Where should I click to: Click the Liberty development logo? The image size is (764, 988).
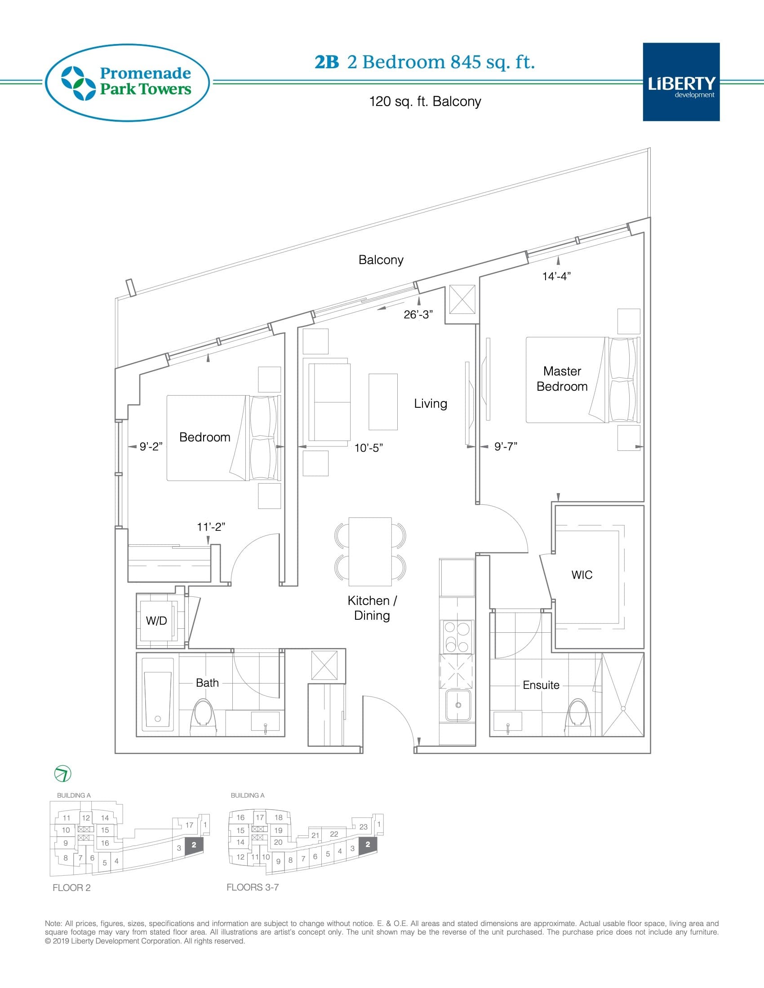tap(681, 82)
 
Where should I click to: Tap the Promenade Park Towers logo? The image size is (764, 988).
tap(127, 82)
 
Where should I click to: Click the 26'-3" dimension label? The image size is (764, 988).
tap(418, 314)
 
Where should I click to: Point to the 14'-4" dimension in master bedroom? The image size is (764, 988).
tap(556, 276)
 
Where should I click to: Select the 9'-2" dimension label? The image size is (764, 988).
tap(151, 446)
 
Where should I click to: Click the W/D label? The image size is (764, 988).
tap(156, 621)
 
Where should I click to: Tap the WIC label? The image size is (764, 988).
tap(582, 574)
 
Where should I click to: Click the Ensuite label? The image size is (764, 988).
tap(541, 685)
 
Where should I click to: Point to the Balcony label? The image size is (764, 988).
tap(381, 260)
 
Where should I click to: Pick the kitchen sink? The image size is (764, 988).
tap(458, 705)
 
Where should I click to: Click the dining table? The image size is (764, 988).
tap(370, 551)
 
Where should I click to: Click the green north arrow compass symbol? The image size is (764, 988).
tap(62, 774)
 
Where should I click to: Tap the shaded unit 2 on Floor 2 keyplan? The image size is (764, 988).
tap(194, 845)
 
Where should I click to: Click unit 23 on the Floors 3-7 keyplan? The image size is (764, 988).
tap(363, 826)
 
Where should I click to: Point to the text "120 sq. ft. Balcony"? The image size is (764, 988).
tap(425, 101)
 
